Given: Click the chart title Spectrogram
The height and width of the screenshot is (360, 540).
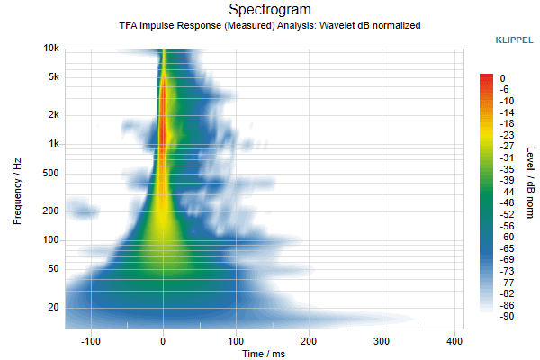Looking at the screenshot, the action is click(270, 10).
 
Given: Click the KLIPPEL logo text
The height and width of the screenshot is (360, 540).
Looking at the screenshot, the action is click(514, 40).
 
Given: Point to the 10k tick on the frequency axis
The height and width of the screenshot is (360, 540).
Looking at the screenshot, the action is click(51, 49).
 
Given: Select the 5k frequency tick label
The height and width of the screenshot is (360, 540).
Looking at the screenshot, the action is click(53, 76).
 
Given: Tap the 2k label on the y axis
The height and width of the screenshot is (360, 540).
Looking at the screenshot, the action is click(53, 114).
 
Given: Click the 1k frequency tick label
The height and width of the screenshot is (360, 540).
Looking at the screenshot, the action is click(53, 143).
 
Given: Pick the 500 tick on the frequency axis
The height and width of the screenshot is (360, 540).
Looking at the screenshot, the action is click(50, 173).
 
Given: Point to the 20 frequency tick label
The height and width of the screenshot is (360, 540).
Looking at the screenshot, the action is click(53, 307).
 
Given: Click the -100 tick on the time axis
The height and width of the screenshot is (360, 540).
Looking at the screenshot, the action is click(91, 341).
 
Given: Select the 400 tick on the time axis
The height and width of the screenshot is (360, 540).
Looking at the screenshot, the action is click(454, 341).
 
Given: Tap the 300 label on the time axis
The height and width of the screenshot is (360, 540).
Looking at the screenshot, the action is click(382, 341).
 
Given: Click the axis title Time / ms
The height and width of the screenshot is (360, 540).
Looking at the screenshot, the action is click(264, 354).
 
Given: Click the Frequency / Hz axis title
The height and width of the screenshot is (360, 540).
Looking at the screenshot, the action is click(17, 192).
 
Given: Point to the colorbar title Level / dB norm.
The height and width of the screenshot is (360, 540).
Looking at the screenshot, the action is click(531, 184).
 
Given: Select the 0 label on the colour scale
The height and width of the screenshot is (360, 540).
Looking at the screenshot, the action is click(502, 78).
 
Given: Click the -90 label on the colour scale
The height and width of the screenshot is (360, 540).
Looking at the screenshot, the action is click(507, 316).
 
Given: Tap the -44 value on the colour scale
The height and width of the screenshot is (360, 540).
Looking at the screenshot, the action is click(507, 192).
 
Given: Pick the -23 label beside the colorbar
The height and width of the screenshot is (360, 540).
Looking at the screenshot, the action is click(507, 135).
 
